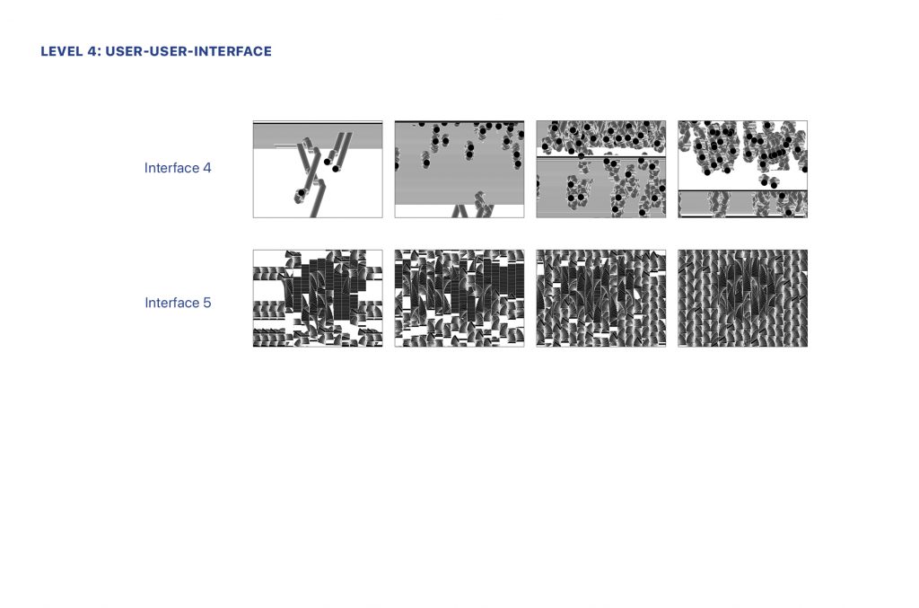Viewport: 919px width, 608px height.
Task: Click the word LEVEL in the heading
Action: [x=62, y=51]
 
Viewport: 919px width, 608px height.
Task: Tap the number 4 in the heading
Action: [x=92, y=51]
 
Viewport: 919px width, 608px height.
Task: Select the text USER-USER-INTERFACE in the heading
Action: [x=188, y=51]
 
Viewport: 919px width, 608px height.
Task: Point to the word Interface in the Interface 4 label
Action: [x=171, y=168]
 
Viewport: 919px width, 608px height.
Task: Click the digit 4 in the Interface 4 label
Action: [x=207, y=168]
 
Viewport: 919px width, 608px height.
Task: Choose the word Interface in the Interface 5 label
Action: [x=172, y=303]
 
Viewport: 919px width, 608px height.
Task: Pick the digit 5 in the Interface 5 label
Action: [x=207, y=303]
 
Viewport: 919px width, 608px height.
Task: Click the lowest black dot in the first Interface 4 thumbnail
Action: [x=302, y=192]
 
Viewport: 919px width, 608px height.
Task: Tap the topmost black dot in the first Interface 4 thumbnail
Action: [x=327, y=162]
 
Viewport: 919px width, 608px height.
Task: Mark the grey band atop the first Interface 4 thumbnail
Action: [x=318, y=136]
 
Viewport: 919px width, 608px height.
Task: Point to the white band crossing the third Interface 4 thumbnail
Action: [x=601, y=152]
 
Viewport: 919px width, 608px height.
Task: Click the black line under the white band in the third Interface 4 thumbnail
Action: [x=601, y=158]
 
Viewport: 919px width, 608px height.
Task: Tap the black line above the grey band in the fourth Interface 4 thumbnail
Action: [x=742, y=190]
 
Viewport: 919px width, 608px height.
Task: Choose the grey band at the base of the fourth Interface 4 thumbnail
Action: [x=742, y=204]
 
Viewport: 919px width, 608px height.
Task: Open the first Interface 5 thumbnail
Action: [x=318, y=298]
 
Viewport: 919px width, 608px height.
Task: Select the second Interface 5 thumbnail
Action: [x=459, y=298]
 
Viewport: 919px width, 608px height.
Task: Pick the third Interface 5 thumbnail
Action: [x=601, y=298]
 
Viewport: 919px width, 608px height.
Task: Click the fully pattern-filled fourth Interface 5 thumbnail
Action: [x=742, y=298]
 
